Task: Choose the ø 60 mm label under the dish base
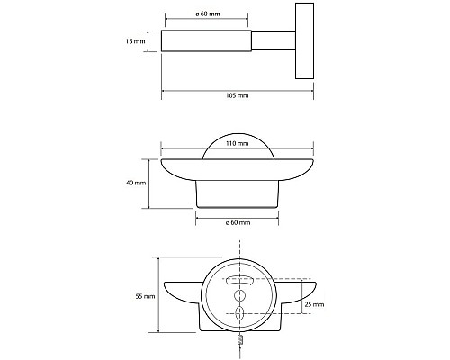pyautogui.click(x=237, y=221)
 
